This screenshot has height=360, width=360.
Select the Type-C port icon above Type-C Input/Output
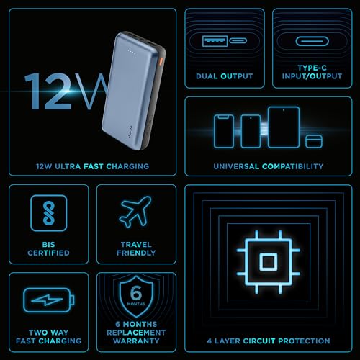tap(312, 41)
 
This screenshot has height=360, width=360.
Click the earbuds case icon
tap(312, 138)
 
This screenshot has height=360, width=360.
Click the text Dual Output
tap(224, 76)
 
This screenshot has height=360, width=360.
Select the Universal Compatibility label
tap(268, 166)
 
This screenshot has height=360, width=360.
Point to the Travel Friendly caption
tap(136, 248)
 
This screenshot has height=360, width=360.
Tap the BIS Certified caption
tap(49, 248)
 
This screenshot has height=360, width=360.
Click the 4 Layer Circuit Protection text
tap(268, 341)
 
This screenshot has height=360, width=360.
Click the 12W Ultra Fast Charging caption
tap(92, 166)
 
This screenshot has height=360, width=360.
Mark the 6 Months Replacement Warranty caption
tap(136, 336)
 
